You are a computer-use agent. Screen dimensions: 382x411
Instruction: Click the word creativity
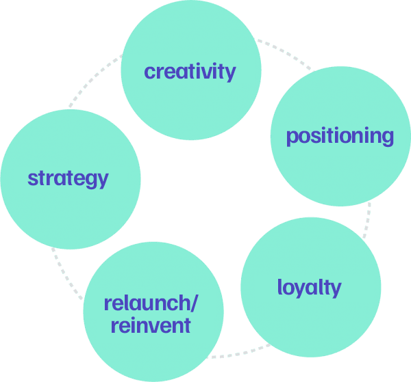point(190,71)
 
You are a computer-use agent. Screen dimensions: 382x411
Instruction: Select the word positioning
point(340,136)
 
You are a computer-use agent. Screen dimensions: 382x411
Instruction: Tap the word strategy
point(68,178)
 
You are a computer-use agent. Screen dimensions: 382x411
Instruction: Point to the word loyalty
point(309,287)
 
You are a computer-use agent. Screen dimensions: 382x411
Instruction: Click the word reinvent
point(151,325)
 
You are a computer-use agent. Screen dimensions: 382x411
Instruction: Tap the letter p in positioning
point(292,138)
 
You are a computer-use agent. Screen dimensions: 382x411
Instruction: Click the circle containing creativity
point(190,41)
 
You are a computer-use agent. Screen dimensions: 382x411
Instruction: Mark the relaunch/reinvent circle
point(153,349)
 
